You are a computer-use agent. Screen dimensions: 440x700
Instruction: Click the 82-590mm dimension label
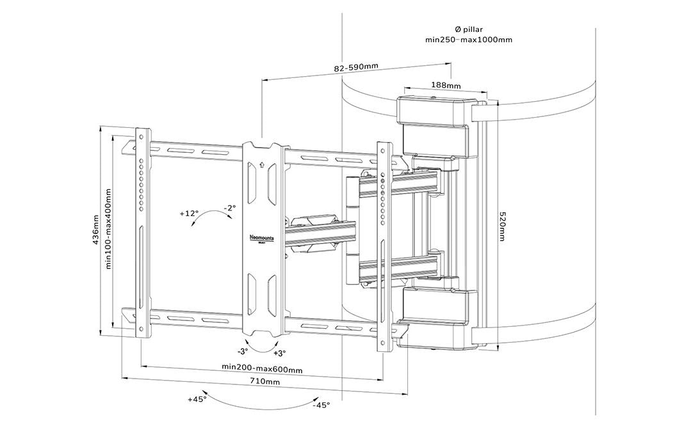(356, 67)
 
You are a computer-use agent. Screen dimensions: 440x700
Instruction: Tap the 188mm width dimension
(446, 85)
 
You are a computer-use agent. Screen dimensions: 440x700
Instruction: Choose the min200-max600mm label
(262, 368)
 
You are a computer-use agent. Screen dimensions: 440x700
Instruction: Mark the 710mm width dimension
(265, 382)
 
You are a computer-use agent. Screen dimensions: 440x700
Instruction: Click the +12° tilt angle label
(190, 213)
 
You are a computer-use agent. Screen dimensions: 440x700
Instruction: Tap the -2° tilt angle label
(230, 208)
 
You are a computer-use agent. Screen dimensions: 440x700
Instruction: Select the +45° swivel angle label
(197, 399)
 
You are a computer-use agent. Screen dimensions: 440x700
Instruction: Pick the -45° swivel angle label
(321, 405)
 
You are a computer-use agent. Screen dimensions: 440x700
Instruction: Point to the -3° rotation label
(243, 352)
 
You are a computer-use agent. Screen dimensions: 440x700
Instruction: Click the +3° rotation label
(280, 352)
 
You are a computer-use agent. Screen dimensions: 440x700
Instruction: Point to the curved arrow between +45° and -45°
(259, 398)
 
